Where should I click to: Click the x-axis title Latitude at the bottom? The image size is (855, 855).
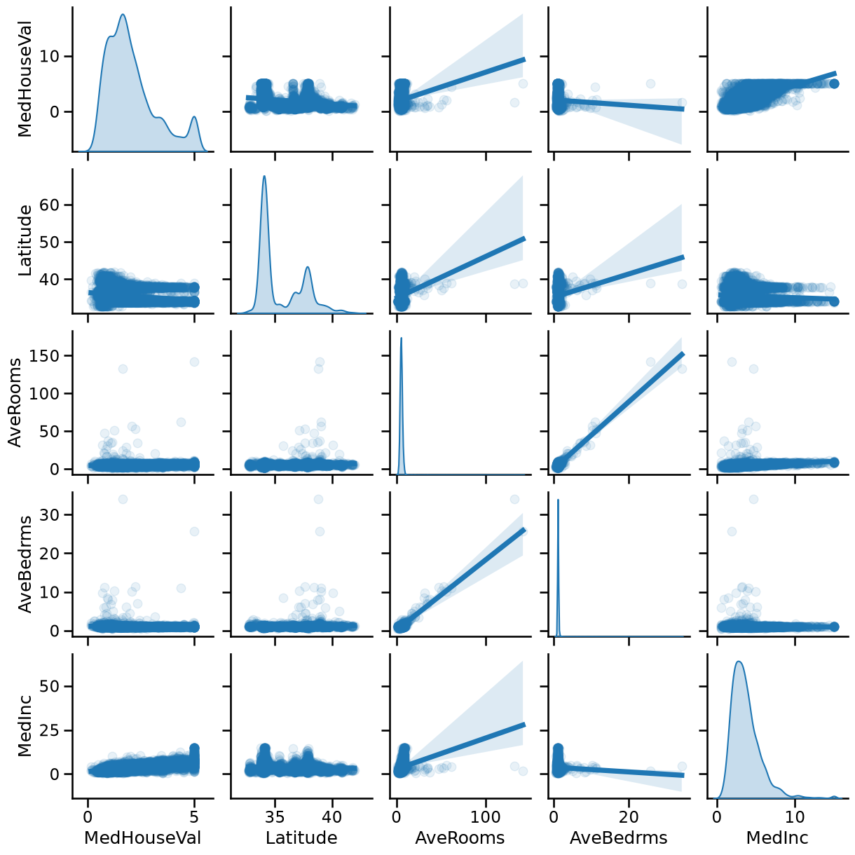pos(301,837)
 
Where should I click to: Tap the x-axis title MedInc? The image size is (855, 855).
pos(777,837)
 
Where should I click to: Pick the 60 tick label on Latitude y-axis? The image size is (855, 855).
pos(54,205)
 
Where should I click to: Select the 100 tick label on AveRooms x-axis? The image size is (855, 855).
pos(486,817)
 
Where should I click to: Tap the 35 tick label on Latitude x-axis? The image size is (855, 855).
pos(275,817)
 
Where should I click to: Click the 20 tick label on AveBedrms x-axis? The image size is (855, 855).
pos(629,817)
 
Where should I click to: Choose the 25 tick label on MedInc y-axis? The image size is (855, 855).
pos(54,730)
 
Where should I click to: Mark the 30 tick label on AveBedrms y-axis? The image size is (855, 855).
pos(54,514)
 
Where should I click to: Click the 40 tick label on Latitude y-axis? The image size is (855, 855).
pos(54,279)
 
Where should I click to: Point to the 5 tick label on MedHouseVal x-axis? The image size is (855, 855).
pos(194,817)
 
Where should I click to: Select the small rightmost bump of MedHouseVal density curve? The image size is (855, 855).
pos(194,117)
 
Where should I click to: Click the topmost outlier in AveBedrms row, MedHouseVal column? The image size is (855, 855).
pos(123,500)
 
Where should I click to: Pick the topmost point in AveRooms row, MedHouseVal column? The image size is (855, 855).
pos(194,362)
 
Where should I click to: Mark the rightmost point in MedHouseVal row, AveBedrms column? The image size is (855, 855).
pos(682,103)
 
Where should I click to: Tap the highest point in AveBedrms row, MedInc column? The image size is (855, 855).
pos(753,500)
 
